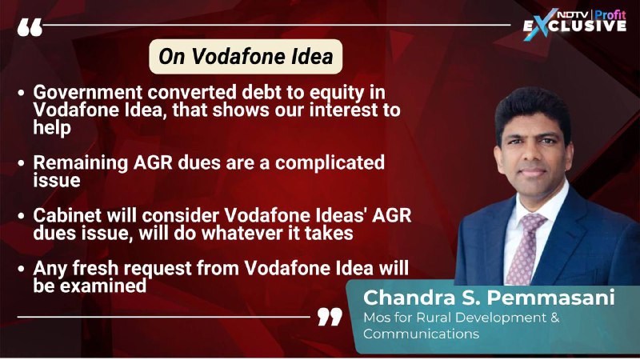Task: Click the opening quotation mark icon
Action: (30, 27)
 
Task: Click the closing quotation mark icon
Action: (330, 317)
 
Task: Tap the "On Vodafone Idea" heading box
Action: (246, 56)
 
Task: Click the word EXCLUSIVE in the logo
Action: (574, 26)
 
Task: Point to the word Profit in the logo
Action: (610, 14)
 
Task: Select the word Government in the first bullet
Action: (88, 92)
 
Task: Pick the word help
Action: (52, 128)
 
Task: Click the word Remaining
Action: (81, 163)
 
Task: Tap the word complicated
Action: (330, 163)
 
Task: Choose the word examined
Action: (103, 286)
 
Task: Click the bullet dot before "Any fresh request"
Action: (22, 269)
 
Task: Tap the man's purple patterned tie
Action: (525, 249)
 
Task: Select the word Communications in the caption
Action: (422, 334)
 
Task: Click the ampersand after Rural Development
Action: (555, 318)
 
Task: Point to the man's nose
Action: (533, 154)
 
